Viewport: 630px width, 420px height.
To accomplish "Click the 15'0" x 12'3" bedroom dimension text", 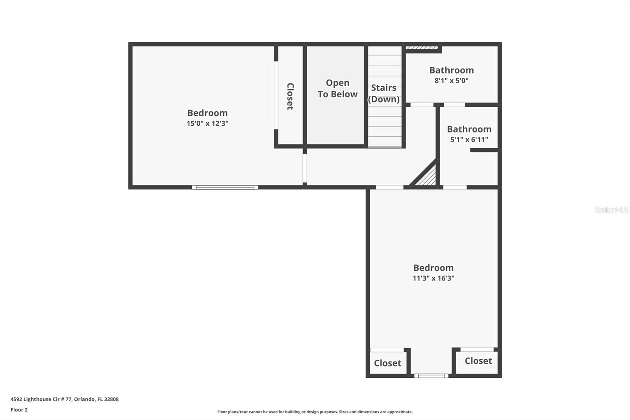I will (208, 123).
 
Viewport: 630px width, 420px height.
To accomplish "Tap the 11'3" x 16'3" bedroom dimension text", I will (433, 278).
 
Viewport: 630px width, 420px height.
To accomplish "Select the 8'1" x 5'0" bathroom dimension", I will (451, 81).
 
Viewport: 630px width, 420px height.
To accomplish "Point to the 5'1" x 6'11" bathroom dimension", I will (469, 139).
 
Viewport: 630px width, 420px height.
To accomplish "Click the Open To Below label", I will (337, 89).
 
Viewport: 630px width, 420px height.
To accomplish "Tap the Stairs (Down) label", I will (384, 93).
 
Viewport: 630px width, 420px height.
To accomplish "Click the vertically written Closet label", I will (290, 96).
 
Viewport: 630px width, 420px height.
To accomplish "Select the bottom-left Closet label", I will (387, 363).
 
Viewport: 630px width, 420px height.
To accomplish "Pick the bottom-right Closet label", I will (478, 361).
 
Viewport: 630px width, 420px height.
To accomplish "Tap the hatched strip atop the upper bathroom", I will (422, 48).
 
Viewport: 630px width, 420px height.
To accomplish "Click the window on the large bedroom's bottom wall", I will (225, 187).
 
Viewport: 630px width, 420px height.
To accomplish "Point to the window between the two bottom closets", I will (431, 376).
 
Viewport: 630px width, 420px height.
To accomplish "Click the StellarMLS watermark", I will (611, 210).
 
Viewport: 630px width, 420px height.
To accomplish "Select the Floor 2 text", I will (19, 410).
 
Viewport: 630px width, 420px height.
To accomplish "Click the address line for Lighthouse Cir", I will (65, 399).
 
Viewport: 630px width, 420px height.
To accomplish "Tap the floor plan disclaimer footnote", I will (315, 412).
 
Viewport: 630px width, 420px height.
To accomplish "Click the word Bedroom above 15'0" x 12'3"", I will (208, 113).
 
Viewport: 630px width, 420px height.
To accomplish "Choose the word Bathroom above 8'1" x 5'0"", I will (451, 70).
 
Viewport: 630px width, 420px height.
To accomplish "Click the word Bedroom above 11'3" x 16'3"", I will (433, 268).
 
